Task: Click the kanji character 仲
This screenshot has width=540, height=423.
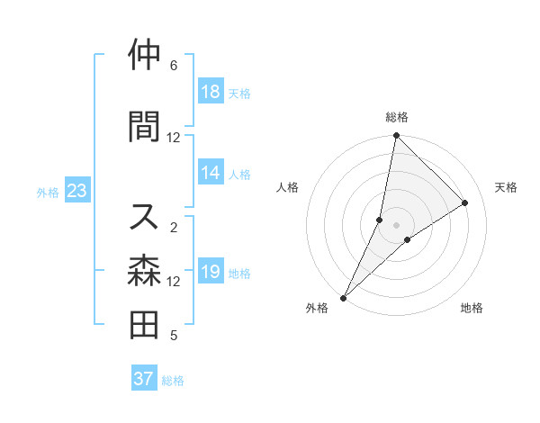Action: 145,55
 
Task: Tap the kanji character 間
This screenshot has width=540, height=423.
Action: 145,126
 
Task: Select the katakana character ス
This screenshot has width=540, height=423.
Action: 145,216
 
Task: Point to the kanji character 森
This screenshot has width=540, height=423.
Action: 145,270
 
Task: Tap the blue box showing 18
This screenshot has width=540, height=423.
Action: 211,93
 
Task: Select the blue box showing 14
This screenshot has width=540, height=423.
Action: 211,174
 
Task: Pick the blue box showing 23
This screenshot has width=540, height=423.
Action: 76,191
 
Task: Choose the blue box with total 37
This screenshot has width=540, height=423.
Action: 144,379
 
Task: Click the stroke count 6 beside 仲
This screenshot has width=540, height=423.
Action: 174,66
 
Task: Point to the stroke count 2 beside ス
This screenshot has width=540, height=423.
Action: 174,228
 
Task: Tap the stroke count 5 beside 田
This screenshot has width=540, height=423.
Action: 174,337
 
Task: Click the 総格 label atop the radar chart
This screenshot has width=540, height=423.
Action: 397,118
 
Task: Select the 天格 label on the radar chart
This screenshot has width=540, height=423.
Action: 506,187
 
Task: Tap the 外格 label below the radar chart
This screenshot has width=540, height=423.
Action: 317,308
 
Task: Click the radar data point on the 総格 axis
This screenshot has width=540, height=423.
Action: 396,136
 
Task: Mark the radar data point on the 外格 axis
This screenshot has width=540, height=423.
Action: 343,297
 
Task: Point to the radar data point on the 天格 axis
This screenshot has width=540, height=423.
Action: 465,202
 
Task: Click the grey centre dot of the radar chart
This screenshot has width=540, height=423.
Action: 396,225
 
